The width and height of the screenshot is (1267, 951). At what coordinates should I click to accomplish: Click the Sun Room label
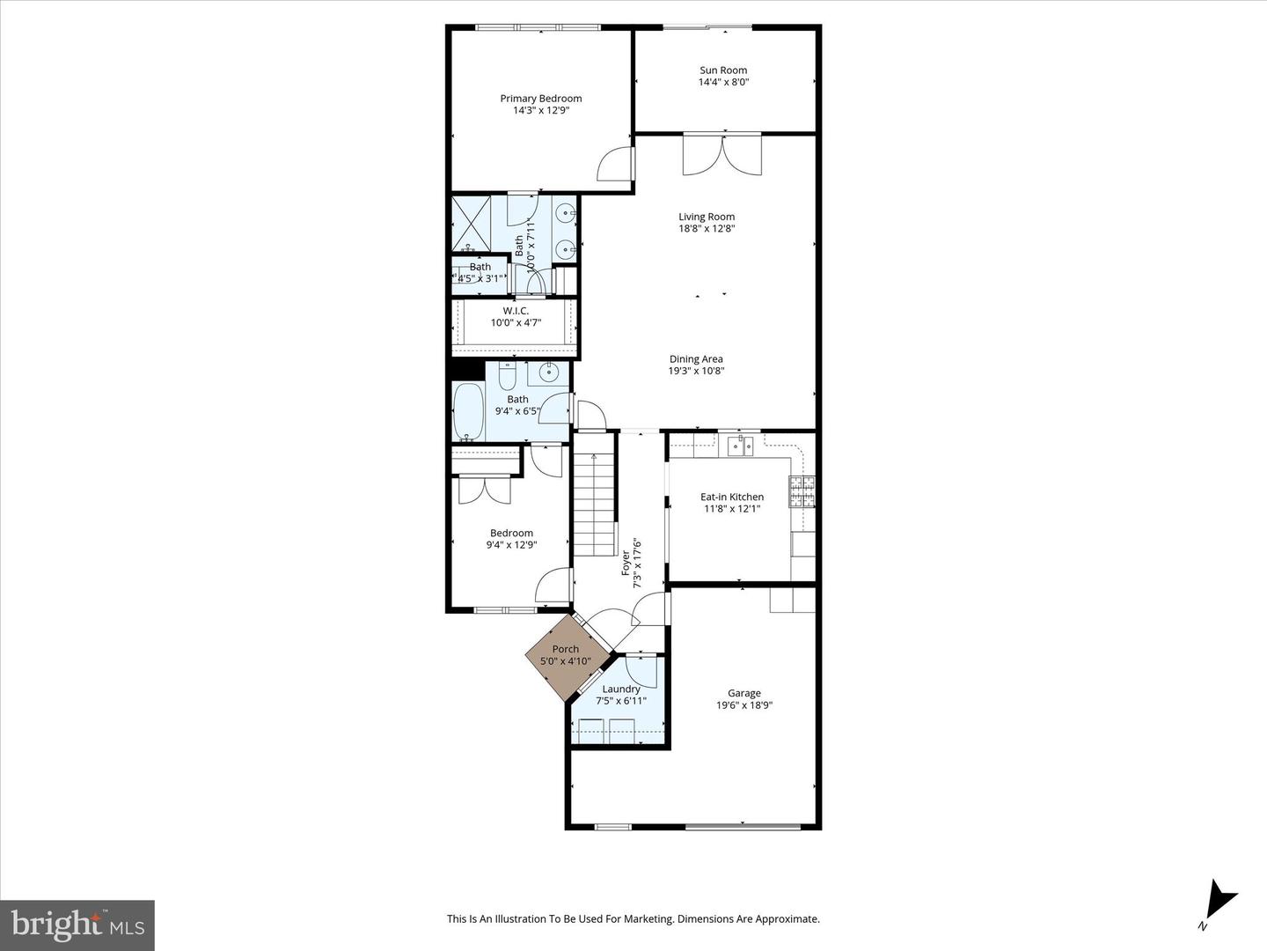723,70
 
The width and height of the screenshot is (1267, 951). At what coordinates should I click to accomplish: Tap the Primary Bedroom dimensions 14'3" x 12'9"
541,111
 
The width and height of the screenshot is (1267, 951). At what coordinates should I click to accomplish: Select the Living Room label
707,217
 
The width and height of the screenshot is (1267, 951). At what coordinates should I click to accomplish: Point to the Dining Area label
696,358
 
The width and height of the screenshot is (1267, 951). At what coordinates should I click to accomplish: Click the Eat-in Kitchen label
732,497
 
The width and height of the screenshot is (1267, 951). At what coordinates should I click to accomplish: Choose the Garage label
744,693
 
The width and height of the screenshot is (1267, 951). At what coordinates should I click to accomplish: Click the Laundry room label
621,689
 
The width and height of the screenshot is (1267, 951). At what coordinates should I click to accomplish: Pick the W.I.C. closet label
516,311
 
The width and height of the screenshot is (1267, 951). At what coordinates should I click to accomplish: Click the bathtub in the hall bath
468,411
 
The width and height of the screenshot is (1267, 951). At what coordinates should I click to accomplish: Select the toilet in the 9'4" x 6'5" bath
507,377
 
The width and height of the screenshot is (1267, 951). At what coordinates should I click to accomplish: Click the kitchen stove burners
801,490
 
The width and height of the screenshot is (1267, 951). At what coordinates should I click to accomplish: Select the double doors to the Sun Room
722,155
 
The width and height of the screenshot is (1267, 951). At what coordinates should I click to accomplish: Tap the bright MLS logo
77,925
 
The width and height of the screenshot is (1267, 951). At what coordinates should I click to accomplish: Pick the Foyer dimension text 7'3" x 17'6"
638,564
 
